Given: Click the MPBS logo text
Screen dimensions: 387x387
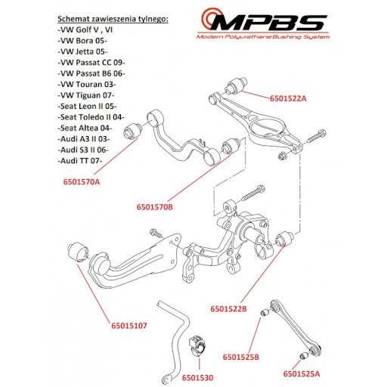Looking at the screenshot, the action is point(268,22).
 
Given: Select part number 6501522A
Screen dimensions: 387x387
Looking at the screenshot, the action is point(288,98).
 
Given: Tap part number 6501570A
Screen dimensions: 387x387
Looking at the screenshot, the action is point(82,181).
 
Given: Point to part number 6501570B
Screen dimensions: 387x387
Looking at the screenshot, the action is point(155,207).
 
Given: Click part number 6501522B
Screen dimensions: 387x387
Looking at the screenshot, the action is point(229,308).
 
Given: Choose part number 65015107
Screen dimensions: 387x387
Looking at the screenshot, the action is point(129,326).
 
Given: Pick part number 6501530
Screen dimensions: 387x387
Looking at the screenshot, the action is point(198,378).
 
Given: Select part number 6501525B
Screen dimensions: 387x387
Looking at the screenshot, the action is point(241,357).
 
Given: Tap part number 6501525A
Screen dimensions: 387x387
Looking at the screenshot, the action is point(302,373).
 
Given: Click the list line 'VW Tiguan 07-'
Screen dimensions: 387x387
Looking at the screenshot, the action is point(86,95).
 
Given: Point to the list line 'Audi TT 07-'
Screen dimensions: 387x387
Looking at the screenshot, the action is point(80,160).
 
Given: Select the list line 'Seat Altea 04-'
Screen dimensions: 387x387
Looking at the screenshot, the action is point(85,128).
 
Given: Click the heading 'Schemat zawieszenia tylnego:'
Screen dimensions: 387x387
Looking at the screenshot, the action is point(113,19).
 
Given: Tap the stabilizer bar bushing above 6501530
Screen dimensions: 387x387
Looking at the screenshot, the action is point(197,346).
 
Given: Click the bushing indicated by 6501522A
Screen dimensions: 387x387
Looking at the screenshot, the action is point(236,86).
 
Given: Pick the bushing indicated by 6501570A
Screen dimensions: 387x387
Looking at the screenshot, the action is point(132,131).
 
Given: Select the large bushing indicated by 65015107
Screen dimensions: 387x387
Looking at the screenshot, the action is point(78,252).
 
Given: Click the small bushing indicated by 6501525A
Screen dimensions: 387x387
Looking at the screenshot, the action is point(304,356).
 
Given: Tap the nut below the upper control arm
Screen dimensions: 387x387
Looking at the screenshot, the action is point(282,156).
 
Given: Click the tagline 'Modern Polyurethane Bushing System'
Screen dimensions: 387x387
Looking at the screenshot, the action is point(263,37).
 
